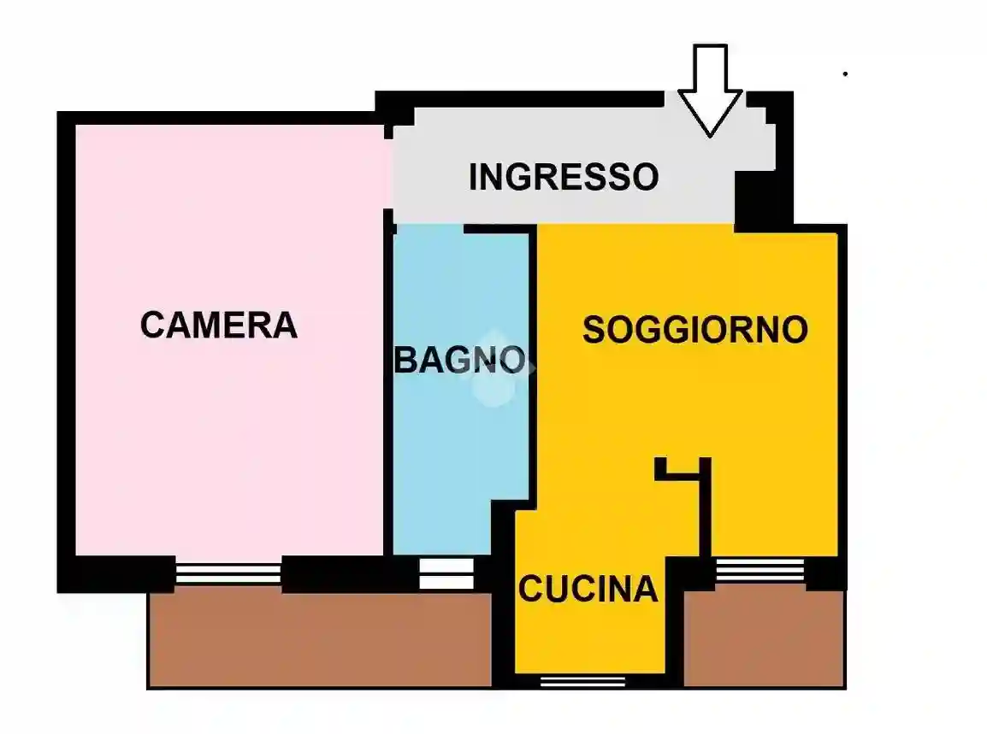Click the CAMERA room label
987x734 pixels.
[x=219, y=326]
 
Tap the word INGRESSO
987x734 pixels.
[x=564, y=177]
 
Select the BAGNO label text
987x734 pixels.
[x=459, y=360]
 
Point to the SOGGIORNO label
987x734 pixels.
[x=694, y=330]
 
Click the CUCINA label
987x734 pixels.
[x=588, y=589]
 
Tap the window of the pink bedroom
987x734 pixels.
[x=228, y=573]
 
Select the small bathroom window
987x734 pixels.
[x=446, y=573]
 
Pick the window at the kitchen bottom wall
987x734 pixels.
[x=571, y=681]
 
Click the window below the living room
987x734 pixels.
[x=759, y=570]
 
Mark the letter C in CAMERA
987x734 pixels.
[x=152, y=326]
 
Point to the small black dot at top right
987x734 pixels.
[x=845, y=74]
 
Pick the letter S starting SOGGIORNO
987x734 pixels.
[x=593, y=330]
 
